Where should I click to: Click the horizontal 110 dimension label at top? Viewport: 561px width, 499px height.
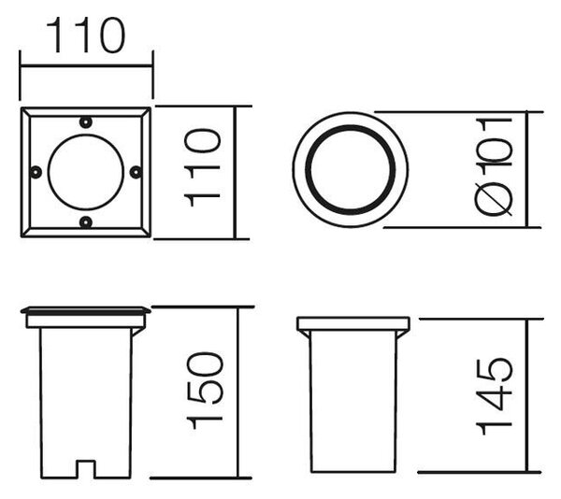pos(86,36)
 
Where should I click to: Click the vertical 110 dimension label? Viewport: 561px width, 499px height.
pos(202,168)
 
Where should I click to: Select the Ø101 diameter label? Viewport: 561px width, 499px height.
pos(494,167)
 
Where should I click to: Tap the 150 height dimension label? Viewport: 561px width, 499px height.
pos(205,391)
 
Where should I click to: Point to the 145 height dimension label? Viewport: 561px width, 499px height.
pos(494,395)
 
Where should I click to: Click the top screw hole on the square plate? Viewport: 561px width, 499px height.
pos(85,122)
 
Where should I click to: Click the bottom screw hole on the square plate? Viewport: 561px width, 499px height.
pos(85,222)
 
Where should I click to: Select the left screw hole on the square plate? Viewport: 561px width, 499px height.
pos(36,172)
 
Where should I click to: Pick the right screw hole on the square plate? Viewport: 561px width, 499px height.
pos(136,172)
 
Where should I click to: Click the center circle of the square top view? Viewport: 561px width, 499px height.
pos(86,172)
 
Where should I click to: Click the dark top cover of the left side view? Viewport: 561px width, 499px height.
pos(86,310)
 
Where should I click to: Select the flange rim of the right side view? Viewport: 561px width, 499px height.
pos(353,324)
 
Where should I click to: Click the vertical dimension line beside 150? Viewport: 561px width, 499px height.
pos(237,392)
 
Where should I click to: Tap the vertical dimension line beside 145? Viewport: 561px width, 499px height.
pos(526,395)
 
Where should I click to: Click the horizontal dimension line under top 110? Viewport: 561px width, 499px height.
pos(86,65)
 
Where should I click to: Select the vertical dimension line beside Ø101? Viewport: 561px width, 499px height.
pos(527,169)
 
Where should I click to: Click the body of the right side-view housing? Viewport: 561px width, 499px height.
pos(353,401)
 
